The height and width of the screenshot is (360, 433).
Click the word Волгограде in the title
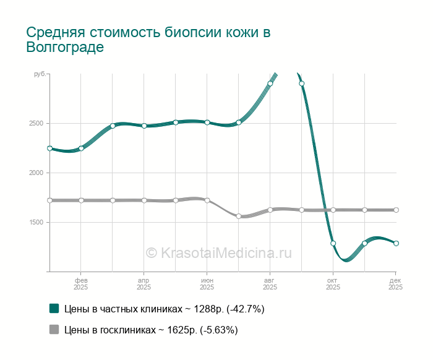tap(65, 48)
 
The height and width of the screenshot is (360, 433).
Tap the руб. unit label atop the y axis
tap(39, 74)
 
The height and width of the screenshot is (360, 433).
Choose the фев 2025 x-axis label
tap(80, 283)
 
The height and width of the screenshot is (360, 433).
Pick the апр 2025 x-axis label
tap(144, 283)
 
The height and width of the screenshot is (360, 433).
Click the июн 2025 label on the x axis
tap(207, 283)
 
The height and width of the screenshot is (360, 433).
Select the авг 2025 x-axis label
tap(270, 283)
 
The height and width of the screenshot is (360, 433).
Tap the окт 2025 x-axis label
tap(333, 283)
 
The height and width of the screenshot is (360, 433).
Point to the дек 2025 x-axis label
tap(396, 283)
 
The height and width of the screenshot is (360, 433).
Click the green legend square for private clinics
tap(54, 308)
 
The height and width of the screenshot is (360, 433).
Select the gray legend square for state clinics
tap(54, 330)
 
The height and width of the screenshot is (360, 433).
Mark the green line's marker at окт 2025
tap(333, 243)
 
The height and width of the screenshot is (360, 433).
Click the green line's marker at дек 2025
tap(396, 243)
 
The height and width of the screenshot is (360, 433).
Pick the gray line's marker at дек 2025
tap(396, 210)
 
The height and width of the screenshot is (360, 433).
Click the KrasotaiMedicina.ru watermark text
tap(218, 252)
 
